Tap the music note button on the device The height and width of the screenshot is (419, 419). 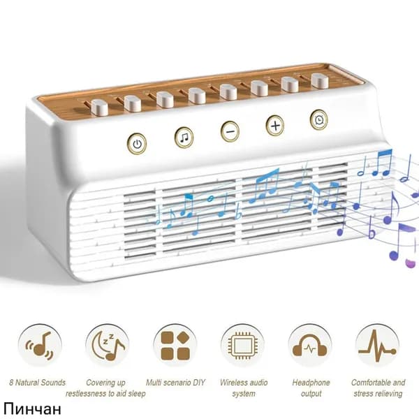click(x=184, y=138)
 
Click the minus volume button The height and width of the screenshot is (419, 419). click(x=230, y=131)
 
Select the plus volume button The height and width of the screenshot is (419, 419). click(x=275, y=125)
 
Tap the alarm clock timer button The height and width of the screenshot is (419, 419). click(x=319, y=120)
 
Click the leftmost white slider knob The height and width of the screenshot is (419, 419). click(x=99, y=108)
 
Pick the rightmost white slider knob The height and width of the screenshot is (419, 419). click(x=320, y=80)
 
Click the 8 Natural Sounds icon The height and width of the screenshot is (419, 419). click(x=40, y=345)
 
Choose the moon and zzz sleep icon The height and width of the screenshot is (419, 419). click(x=108, y=345)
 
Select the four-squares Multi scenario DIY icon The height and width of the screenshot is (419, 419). click(x=175, y=345)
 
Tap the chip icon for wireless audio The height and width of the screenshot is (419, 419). click(x=242, y=345)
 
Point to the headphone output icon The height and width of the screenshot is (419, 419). click(x=310, y=345)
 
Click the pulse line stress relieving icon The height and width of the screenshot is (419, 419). click(x=377, y=345)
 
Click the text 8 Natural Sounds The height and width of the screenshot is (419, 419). click(x=38, y=383)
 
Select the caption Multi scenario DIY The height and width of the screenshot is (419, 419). click(x=175, y=383)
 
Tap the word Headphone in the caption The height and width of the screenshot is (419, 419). click(x=311, y=383)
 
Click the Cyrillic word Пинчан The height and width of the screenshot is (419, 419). click(x=32, y=409)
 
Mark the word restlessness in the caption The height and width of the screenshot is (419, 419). click(x=85, y=394)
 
